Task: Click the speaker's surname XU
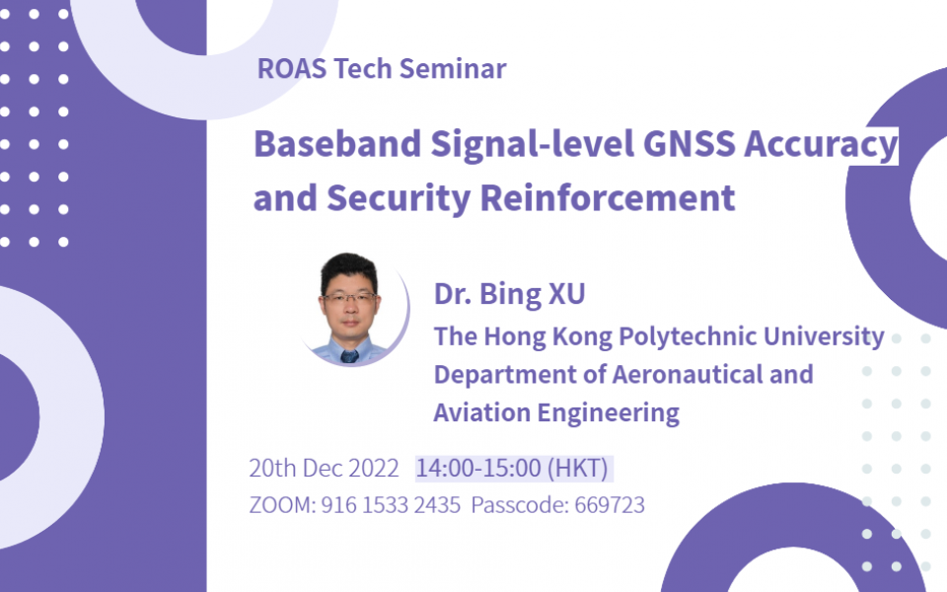(570, 296)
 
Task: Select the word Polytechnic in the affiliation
(685, 336)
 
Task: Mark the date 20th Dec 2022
(324, 468)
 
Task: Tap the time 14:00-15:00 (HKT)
(513, 468)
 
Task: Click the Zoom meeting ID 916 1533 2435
(391, 505)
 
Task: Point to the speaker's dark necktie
(348, 355)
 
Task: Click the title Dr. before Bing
(453, 296)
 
